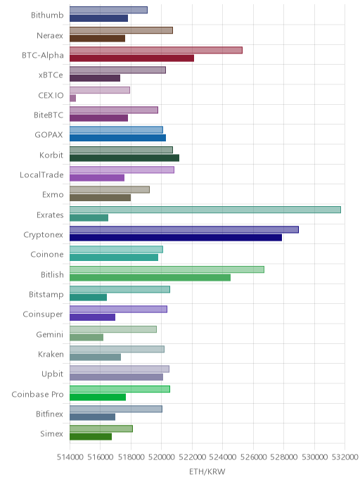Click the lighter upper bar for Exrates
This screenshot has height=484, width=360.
pos(205,210)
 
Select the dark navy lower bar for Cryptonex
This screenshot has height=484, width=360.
pos(176,237)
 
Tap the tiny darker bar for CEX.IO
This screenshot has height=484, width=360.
pos(72,98)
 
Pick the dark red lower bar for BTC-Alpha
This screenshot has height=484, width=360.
pos(131,58)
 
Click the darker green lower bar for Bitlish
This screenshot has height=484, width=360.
pos(150,277)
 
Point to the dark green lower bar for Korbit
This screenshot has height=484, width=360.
pos(124,158)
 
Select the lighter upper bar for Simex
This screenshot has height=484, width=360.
pos(101,428)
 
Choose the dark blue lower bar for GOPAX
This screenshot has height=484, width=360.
pos(117,138)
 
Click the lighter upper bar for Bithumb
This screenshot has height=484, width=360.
pos(108,10)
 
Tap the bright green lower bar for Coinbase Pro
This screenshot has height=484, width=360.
pos(98,397)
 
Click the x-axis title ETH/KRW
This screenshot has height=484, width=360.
pos(207,471)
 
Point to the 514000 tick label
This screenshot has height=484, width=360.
pos(70,457)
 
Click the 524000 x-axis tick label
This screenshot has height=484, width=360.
pos(223,457)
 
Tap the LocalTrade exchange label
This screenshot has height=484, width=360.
pos(41,175)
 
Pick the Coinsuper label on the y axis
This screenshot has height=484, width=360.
pos(43,314)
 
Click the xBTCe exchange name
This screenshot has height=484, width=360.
pos(51,75)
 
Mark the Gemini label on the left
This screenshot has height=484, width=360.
pos(50,334)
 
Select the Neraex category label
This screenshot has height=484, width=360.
pos(50,35)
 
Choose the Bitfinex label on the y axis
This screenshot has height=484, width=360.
pos(49,414)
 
